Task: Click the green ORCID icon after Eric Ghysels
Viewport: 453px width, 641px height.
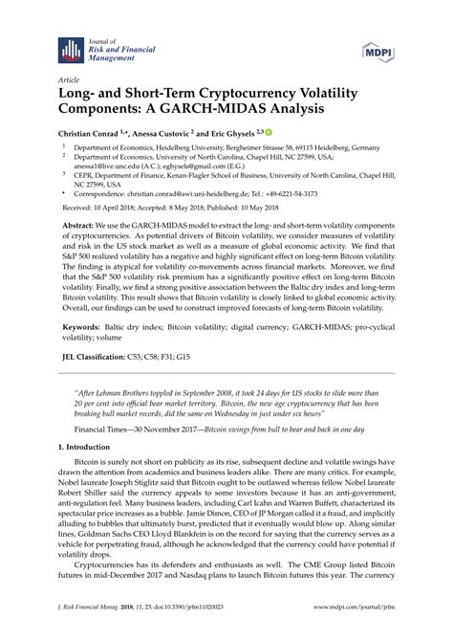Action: tap(270, 133)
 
